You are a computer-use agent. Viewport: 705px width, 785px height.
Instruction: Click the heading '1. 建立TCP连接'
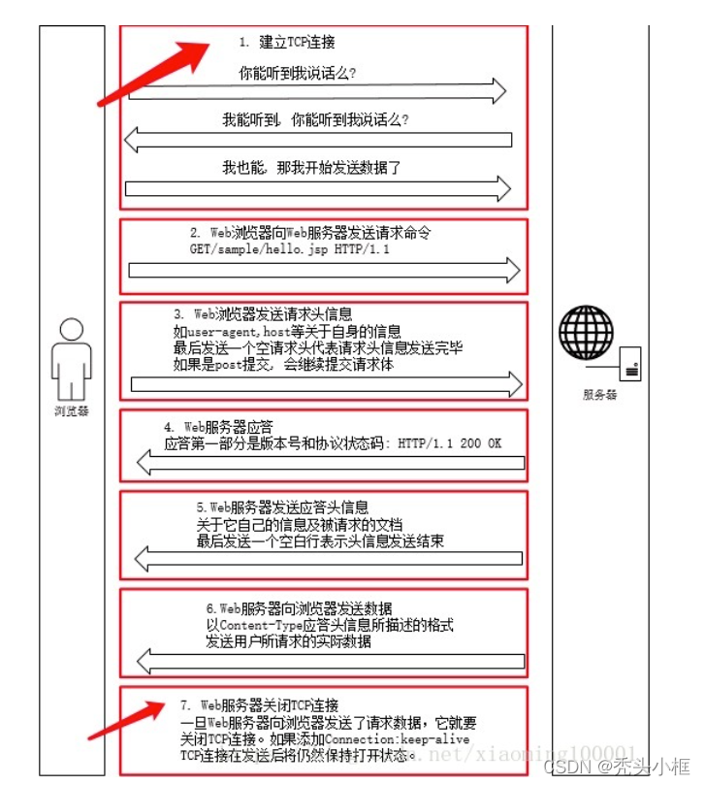click(287, 42)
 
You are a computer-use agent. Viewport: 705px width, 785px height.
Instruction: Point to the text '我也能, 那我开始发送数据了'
click(311, 167)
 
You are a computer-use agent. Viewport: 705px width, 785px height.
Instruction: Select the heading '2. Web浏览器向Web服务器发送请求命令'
click(310, 234)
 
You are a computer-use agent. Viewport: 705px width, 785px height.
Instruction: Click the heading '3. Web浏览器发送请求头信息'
click(263, 314)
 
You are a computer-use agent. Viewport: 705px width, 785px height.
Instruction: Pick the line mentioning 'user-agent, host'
click(287, 331)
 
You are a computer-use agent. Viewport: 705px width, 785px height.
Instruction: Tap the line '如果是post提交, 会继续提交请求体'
click(283, 365)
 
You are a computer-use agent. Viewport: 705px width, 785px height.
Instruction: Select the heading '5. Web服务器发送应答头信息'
click(282, 507)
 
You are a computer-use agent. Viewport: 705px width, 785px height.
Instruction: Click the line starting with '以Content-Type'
click(330, 625)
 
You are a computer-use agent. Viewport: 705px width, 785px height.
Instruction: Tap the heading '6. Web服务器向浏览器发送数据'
click(300, 608)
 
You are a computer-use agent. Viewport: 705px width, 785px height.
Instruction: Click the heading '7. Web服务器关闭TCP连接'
click(259, 704)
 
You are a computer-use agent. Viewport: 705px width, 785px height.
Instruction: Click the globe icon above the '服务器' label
click(587, 336)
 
